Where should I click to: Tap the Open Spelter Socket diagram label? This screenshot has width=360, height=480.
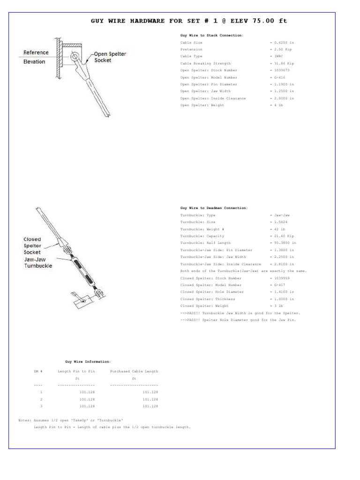[x=110, y=57]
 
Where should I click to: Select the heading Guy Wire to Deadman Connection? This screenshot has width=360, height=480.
[x=214, y=208]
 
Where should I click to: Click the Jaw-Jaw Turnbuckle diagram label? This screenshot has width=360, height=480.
[x=38, y=262]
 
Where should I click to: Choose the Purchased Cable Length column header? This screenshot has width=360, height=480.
[x=134, y=371]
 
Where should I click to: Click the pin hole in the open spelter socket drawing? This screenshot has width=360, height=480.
[x=75, y=57]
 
